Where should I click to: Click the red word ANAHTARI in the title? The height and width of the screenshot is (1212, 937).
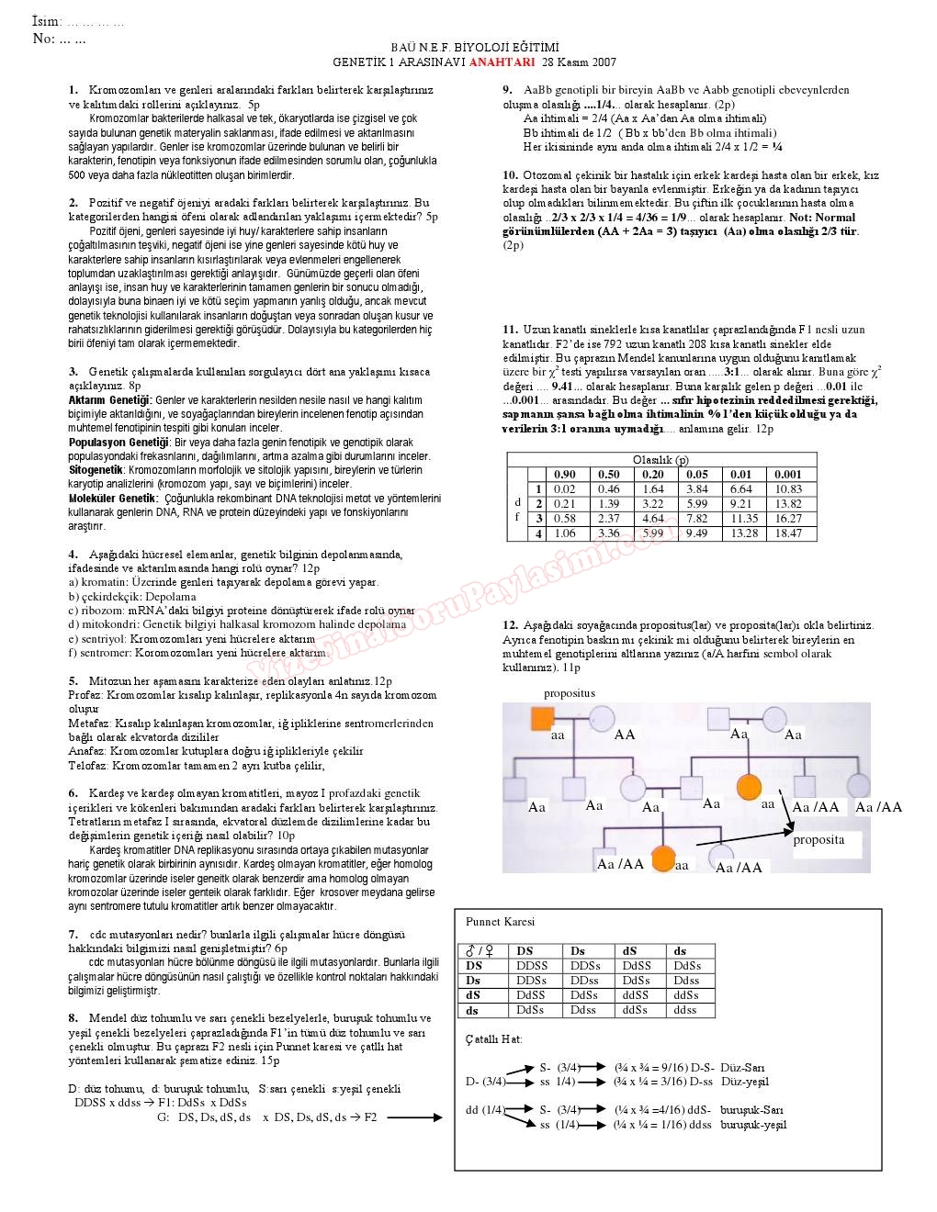(x=502, y=62)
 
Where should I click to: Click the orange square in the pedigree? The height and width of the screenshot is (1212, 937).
(x=542, y=718)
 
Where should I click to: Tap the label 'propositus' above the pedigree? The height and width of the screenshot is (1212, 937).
(x=570, y=693)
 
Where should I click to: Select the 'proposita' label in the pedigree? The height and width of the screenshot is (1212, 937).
(x=818, y=839)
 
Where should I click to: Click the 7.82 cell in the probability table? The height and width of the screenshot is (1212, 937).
(x=697, y=519)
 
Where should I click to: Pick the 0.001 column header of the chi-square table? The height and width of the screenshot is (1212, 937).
(x=788, y=475)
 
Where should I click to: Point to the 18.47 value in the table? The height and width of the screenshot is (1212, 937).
(x=788, y=533)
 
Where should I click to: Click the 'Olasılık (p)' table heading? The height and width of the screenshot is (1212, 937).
(x=660, y=460)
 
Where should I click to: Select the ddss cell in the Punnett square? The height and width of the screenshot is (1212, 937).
(x=685, y=1010)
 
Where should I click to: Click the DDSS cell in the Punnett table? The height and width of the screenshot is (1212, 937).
(x=532, y=966)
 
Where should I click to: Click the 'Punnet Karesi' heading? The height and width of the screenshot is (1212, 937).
(x=500, y=922)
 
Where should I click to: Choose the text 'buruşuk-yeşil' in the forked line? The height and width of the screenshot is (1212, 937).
(x=753, y=1125)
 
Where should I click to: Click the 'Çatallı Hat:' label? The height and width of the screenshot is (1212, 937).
(x=493, y=1039)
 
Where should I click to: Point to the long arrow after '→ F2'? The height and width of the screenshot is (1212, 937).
(x=414, y=1117)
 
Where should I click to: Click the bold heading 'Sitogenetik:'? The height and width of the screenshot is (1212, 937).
(x=96, y=470)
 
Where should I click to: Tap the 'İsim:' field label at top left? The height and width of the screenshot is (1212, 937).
(x=47, y=21)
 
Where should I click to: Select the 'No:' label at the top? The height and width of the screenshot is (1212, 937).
(x=43, y=39)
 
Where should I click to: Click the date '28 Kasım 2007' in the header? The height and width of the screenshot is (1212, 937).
(x=579, y=62)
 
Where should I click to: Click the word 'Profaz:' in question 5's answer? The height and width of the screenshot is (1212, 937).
(x=85, y=695)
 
